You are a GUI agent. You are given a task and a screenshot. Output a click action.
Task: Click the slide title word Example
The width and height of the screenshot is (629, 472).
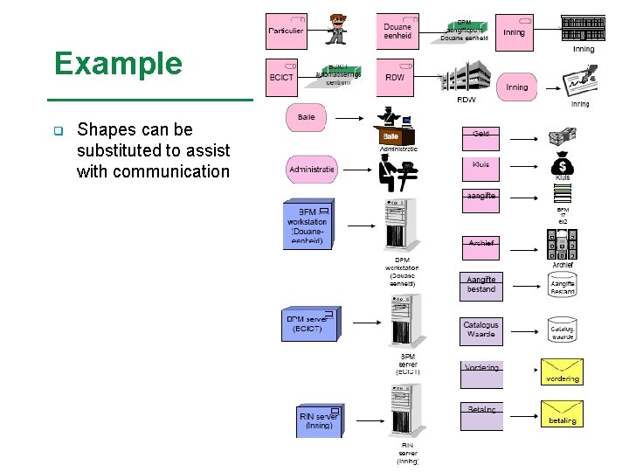pos(118,64)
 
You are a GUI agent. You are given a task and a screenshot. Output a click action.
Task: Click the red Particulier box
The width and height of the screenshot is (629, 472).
pos(287,31)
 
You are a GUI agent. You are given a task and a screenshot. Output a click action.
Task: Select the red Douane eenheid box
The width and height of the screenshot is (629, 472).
pos(397,31)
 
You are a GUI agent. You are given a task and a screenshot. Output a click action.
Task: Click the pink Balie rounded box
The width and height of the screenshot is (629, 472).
pos(307,118)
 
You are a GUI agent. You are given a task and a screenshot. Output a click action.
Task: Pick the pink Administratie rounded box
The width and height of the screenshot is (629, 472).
pos(312,169)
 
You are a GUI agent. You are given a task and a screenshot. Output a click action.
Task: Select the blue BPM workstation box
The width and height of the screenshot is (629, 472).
pos(307,224)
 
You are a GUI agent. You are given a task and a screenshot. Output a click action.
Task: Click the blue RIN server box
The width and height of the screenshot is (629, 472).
pos(318,421)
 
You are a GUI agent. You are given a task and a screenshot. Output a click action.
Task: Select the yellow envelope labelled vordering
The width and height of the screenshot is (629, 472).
pos(562,371)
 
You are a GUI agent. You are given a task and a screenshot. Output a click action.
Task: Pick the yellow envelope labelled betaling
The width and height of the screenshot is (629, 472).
pos(562,413)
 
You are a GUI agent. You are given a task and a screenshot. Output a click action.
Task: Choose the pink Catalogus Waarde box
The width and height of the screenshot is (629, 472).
pos(480,330)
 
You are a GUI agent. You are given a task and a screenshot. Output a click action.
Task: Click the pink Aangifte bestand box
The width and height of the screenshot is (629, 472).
pos(480,286)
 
